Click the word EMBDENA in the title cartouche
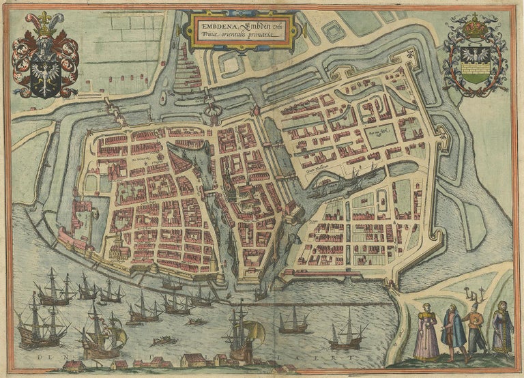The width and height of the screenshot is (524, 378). [x=214, y=20]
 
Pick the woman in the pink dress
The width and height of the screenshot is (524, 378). [x=426, y=332]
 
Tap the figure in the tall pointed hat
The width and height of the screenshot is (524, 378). [x=474, y=329]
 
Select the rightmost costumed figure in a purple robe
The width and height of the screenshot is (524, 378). [x=502, y=329]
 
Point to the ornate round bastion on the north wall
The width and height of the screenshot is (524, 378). [x=213, y=109]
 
